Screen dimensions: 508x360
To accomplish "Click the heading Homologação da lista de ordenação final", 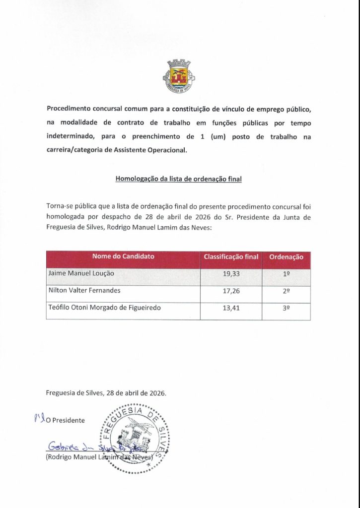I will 178,179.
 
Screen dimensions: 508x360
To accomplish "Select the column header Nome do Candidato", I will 123,256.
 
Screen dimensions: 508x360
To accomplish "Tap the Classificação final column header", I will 231,256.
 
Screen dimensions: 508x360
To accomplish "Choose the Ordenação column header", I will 286,256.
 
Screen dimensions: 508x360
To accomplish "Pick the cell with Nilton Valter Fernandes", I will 84,290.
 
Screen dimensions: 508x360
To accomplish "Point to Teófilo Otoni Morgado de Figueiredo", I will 104,308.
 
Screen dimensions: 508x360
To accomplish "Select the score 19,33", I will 231,274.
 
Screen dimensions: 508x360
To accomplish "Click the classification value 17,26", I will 231,292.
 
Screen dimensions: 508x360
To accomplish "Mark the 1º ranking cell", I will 286,274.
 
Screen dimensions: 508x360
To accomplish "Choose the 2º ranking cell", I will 286,292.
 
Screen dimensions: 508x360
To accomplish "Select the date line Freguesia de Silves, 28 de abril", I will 106,392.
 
